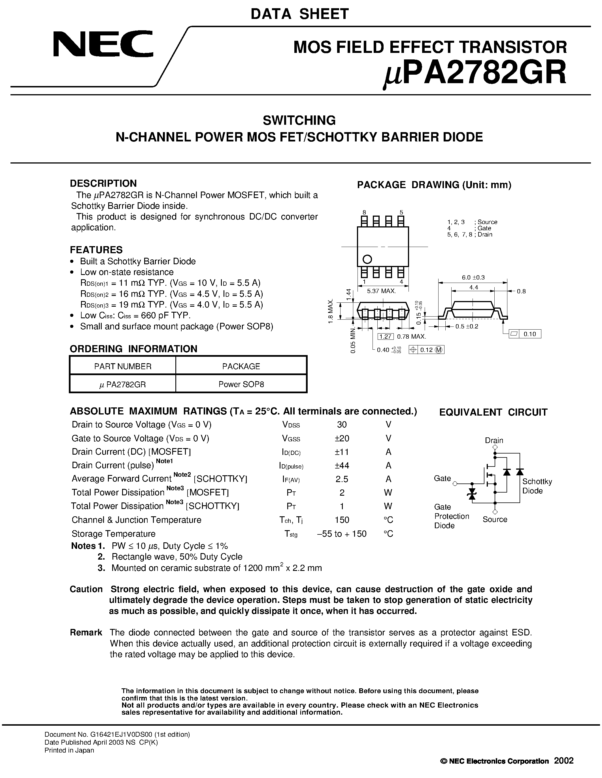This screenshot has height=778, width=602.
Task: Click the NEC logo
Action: [x=103, y=44]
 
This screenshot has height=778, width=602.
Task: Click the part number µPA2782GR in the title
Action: [x=475, y=73]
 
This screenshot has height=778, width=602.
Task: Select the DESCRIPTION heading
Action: [x=103, y=183]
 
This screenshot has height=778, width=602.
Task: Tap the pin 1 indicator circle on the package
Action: [x=367, y=259]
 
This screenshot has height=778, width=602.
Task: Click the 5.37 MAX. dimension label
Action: [x=381, y=291]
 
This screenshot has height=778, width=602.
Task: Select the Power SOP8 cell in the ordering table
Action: [x=241, y=384]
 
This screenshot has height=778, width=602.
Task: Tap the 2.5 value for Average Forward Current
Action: [x=342, y=479]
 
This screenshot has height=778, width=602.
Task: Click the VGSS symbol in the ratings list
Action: [x=291, y=439]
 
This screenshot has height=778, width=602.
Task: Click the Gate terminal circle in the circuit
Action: [x=455, y=483]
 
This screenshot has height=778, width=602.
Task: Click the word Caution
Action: [x=86, y=589]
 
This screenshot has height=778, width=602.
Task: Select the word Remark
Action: [x=86, y=632]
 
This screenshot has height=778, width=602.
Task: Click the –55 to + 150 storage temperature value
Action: [x=342, y=534]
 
